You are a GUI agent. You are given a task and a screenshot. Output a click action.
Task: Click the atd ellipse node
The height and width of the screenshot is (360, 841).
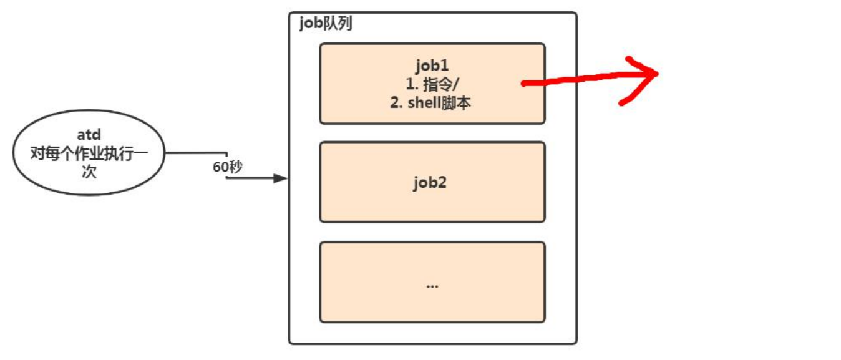click(x=89, y=153)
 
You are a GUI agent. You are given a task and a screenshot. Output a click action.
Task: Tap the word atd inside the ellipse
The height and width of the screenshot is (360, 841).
click(x=89, y=135)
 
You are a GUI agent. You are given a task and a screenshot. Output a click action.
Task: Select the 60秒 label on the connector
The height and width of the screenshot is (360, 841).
click(x=226, y=167)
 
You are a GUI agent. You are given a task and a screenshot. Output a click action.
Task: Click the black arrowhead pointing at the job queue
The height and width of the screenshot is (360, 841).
click(x=281, y=178)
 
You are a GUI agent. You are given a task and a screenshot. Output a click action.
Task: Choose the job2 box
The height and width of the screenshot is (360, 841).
click(x=432, y=182)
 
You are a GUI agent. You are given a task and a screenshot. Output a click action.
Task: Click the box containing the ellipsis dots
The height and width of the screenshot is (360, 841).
click(x=432, y=282)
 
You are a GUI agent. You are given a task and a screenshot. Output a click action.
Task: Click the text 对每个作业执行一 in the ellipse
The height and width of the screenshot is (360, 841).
click(x=89, y=153)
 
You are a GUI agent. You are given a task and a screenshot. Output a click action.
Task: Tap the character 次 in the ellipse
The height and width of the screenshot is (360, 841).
click(x=89, y=172)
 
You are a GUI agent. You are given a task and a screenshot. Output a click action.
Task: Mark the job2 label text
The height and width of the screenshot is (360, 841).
click(x=432, y=182)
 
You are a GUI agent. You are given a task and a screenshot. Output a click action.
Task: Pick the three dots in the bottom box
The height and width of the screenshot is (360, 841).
click(x=432, y=286)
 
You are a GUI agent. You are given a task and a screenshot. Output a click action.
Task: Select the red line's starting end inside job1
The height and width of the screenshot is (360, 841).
click(x=524, y=84)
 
